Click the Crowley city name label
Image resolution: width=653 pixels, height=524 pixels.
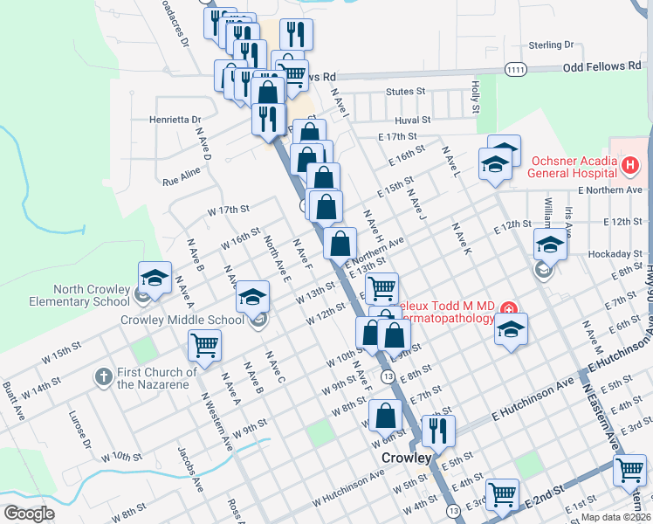tap(407, 458)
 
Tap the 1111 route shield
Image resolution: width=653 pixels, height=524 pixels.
tap(516, 68)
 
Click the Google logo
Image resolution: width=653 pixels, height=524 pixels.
tap(29, 514)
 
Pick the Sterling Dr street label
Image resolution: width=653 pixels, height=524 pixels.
tap(552, 45)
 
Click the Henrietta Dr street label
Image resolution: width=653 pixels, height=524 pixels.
tap(175, 119)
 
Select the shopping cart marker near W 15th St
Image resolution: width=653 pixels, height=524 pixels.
tap(204, 344)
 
